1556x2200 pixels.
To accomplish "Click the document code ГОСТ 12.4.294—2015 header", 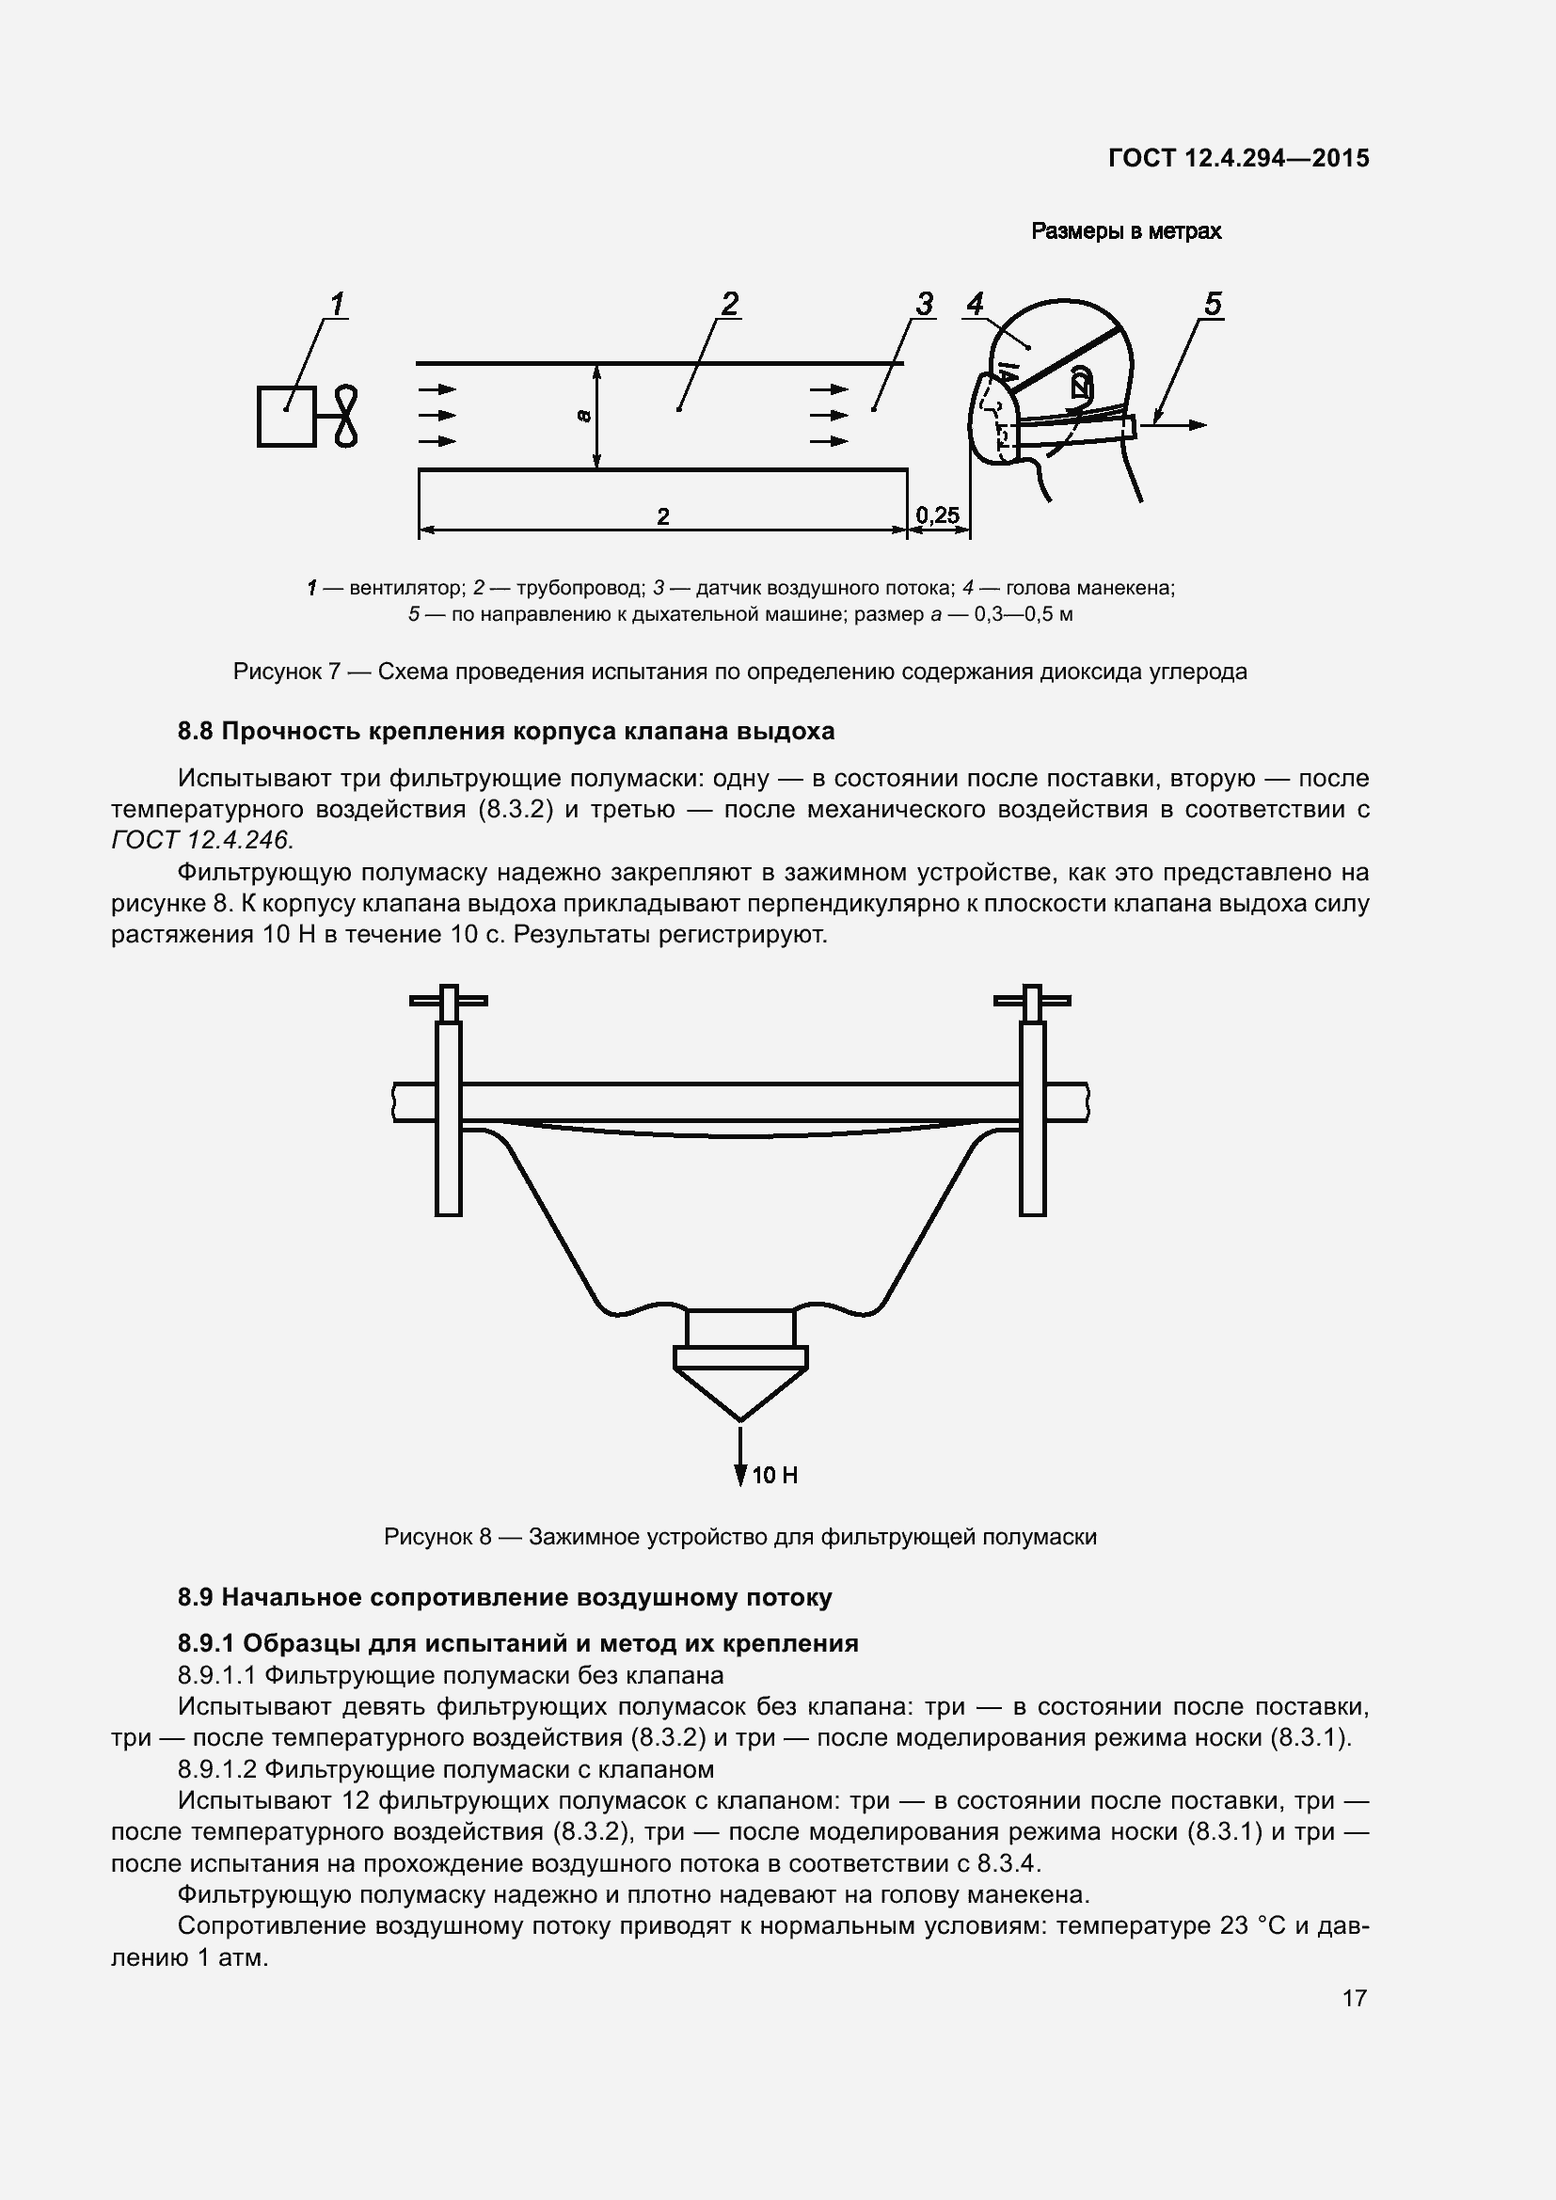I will pos(1238,158).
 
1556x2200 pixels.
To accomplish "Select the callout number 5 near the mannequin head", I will pos(1212,304).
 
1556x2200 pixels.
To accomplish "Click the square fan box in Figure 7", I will pos(287,416).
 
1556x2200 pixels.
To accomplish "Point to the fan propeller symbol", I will pos(346,416).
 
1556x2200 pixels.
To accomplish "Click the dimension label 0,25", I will pos(937,515).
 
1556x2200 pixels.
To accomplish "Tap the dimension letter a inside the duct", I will pos(583,415).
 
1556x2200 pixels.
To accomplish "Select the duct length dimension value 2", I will pos(663,516).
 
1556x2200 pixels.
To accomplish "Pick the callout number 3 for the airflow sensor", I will pos(924,304).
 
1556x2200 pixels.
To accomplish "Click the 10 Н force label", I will pos(774,1475).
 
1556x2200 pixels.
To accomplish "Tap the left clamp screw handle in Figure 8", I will pos(449,1001).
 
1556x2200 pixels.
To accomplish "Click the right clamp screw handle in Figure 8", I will pos(1032,1001).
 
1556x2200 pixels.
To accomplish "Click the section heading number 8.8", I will pos(196,731).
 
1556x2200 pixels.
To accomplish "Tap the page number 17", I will pos(1354,1998).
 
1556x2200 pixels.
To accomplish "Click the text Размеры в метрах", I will pos(1126,231).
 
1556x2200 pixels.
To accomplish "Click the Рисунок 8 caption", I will pos(739,1537).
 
